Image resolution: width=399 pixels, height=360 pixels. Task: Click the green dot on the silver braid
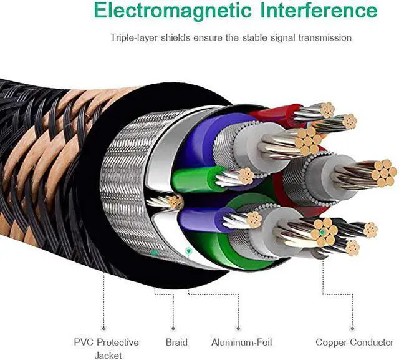click(153, 253)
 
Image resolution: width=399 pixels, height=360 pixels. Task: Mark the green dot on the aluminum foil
click(188, 250)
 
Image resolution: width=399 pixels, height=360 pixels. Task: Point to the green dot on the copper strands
click(322, 232)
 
